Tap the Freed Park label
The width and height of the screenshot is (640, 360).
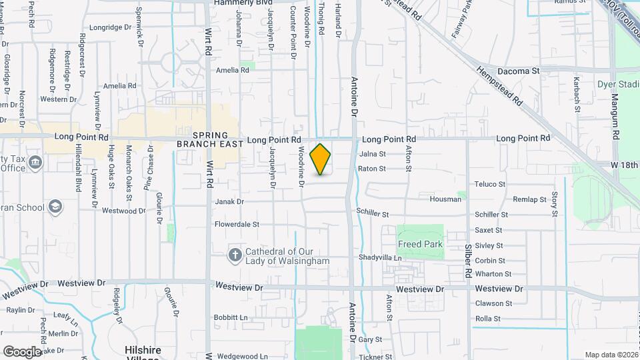[420, 245]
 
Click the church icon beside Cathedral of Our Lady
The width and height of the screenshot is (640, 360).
[235, 255]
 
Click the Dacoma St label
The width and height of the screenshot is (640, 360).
[518, 71]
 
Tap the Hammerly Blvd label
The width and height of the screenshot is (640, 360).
[244, 3]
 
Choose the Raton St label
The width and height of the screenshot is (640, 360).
[372, 169]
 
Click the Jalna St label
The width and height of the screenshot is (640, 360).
[373, 154]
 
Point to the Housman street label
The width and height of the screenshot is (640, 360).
[445, 199]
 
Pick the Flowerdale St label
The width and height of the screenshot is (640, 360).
[237, 225]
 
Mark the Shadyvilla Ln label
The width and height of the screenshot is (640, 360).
[381, 257]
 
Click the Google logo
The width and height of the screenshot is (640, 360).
[22, 351]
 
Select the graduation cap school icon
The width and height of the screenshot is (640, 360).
[55, 207]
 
